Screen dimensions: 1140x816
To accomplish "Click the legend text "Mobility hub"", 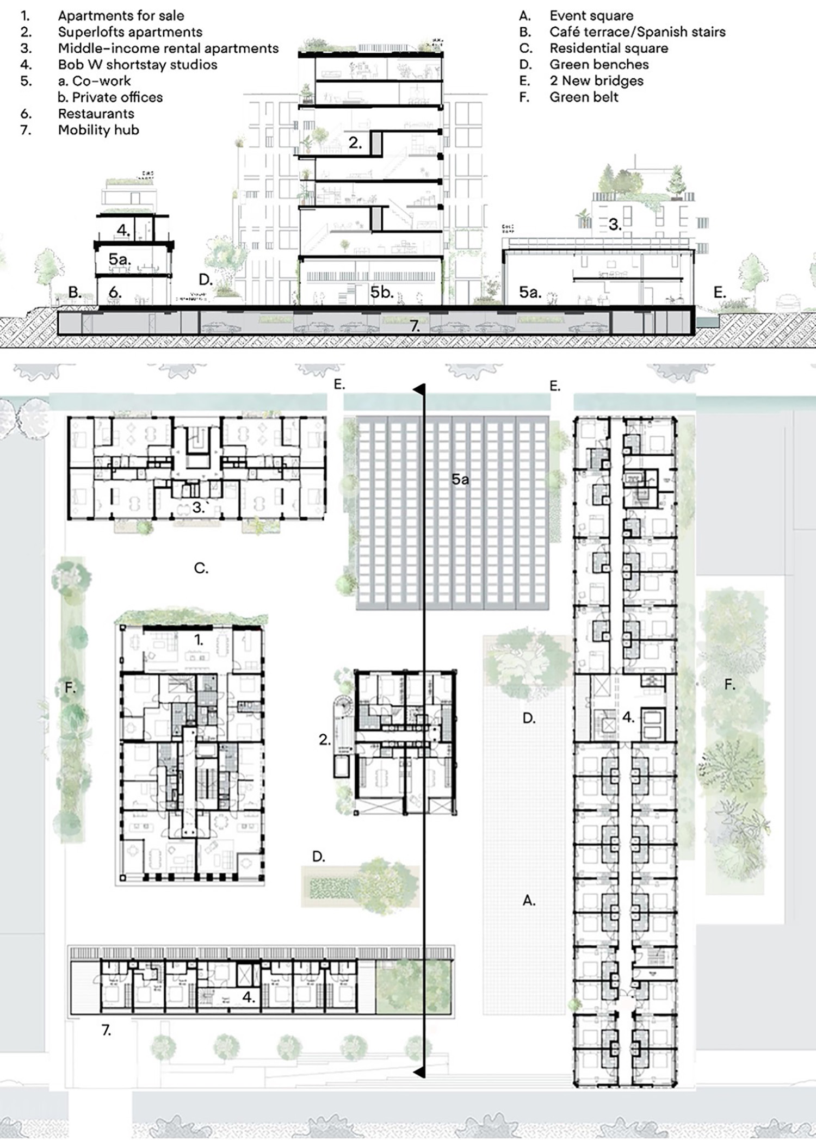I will [98, 130].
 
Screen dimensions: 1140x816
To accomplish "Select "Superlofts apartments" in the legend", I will [130, 32].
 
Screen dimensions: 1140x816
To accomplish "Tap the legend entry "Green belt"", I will [584, 97].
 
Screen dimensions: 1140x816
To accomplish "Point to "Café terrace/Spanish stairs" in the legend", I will [637, 32].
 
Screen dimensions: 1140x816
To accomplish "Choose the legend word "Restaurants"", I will [96, 114].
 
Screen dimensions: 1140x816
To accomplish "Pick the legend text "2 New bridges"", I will [596, 81].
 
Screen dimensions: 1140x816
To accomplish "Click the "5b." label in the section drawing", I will [382, 293].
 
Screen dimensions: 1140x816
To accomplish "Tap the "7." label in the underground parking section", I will [415, 326].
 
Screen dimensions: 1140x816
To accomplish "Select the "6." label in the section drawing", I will [115, 293].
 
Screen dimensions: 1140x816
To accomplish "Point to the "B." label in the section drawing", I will [75, 293].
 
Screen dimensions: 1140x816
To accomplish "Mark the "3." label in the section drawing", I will [615, 225].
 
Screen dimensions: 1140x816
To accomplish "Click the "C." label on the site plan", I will [201, 568].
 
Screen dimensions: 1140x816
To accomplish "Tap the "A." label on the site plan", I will [529, 901].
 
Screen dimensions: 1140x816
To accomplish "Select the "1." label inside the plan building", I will [199, 640].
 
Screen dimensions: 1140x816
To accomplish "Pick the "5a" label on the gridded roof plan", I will [460, 479].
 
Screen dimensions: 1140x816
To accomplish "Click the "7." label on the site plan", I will [107, 1030].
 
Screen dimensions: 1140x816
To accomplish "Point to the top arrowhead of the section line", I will [419, 389].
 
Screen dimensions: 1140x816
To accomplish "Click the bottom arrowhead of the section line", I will [419, 1072].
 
